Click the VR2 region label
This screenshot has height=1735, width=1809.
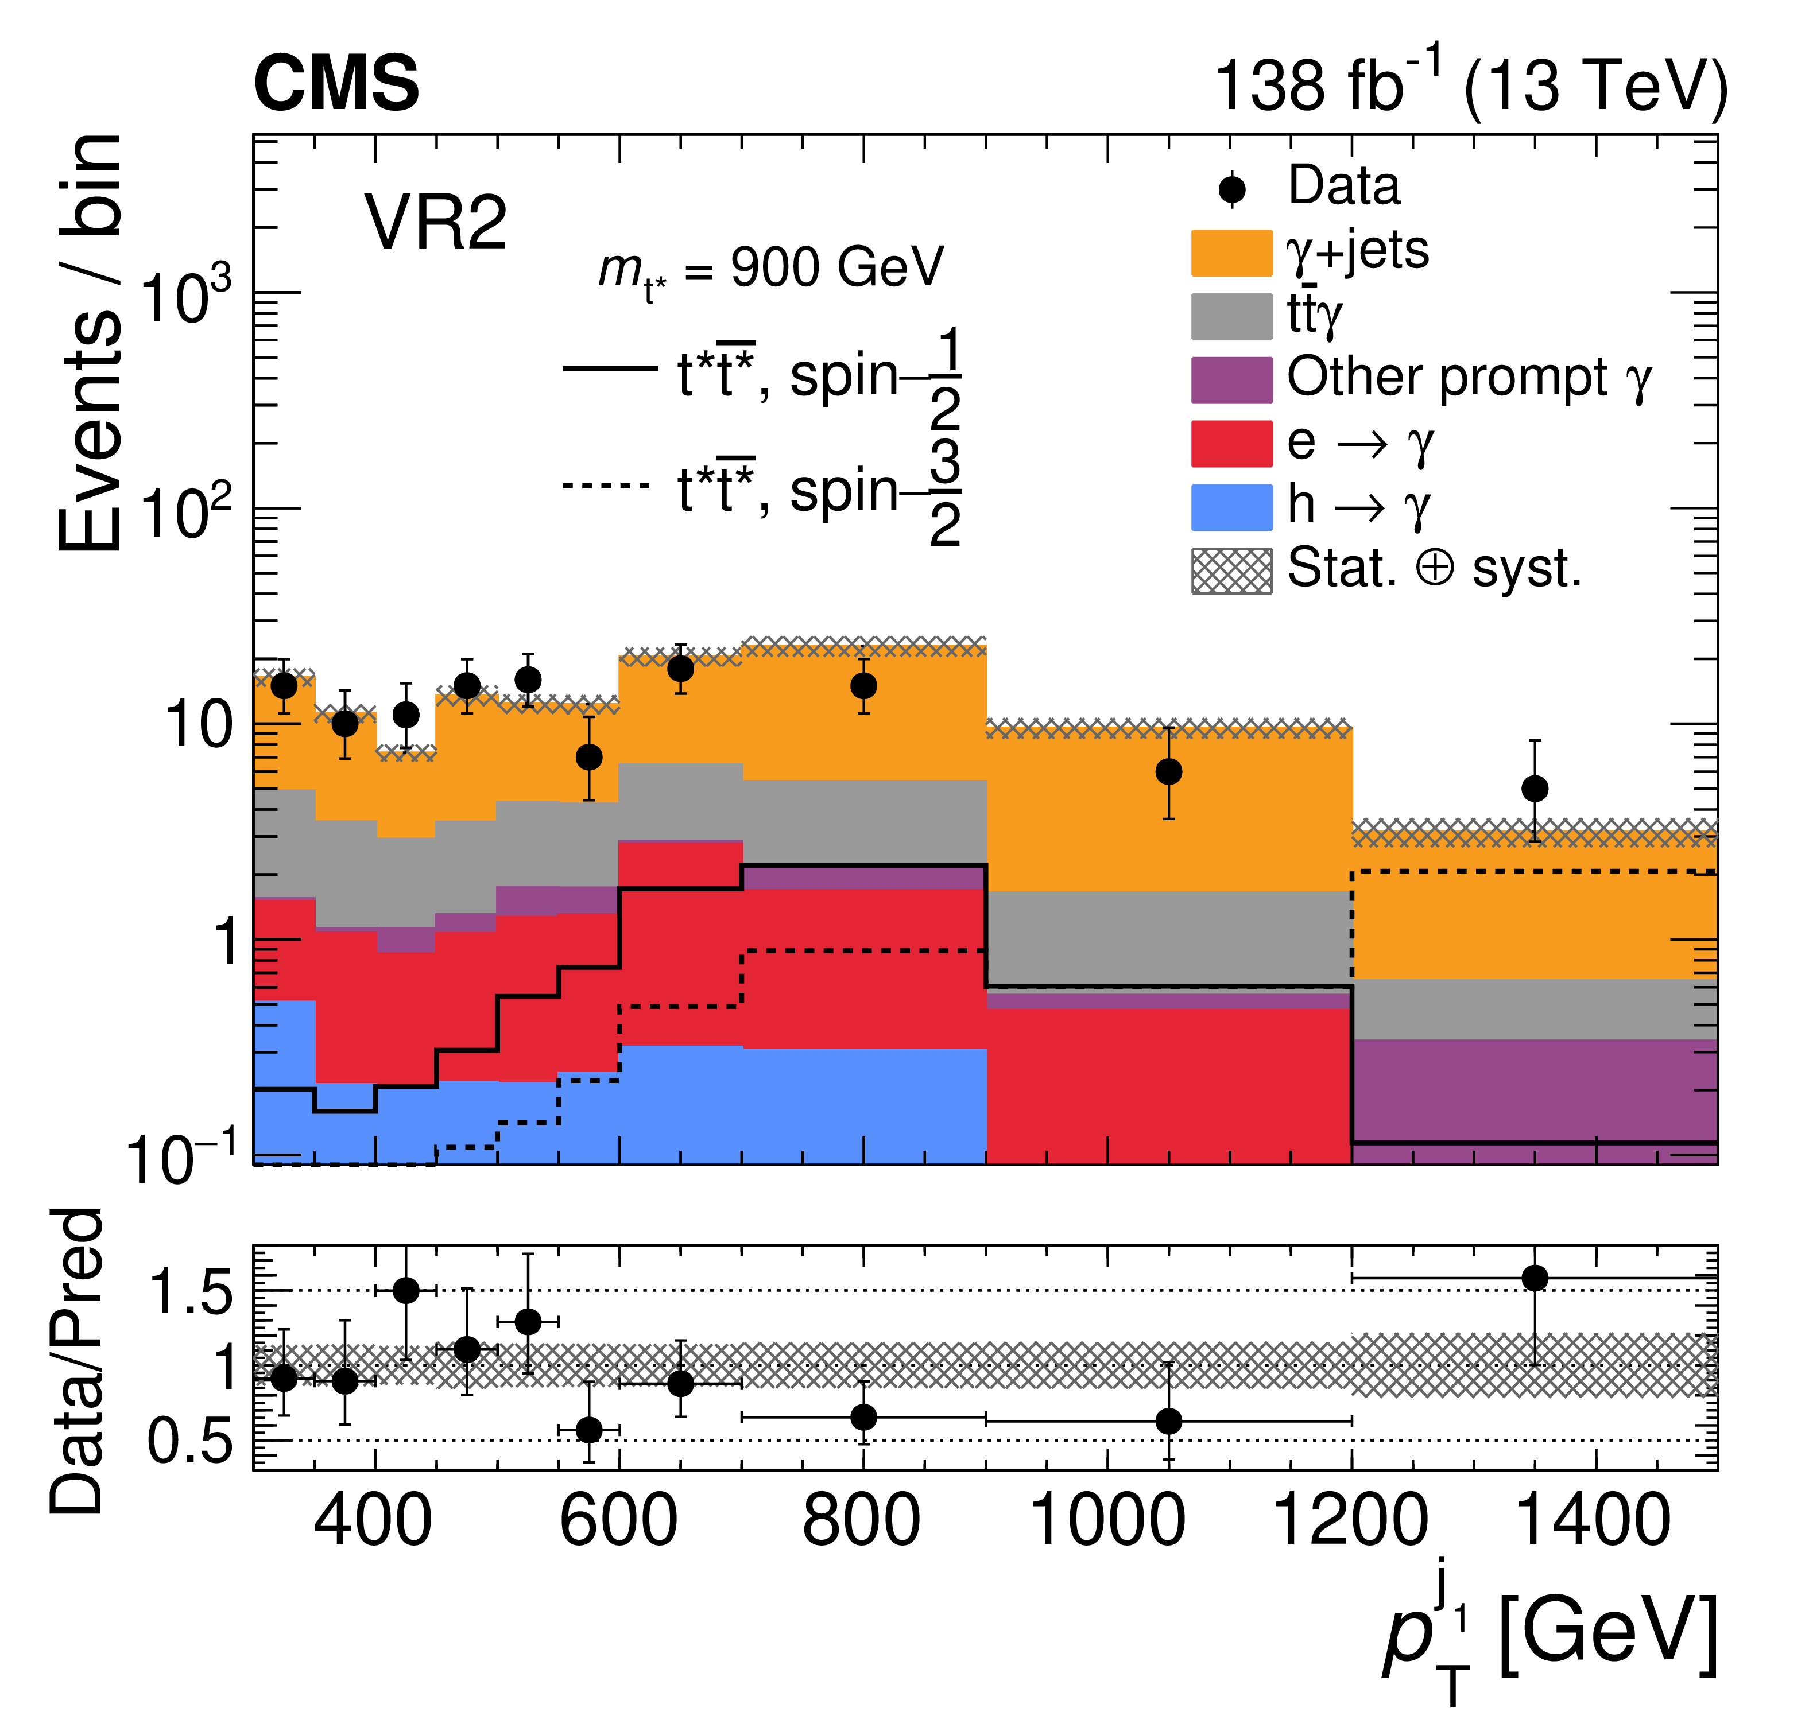point(436,223)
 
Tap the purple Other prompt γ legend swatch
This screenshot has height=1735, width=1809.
point(1231,380)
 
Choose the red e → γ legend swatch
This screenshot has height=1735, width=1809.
point(1231,444)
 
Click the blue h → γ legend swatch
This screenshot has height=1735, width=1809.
point(1231,507)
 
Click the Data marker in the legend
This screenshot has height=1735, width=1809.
point(1231,190)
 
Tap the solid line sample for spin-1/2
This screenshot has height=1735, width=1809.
point(609,369)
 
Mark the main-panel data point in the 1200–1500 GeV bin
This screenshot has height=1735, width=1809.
point(1534,789)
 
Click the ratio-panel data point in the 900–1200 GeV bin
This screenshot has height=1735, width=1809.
point(1168,1421)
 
